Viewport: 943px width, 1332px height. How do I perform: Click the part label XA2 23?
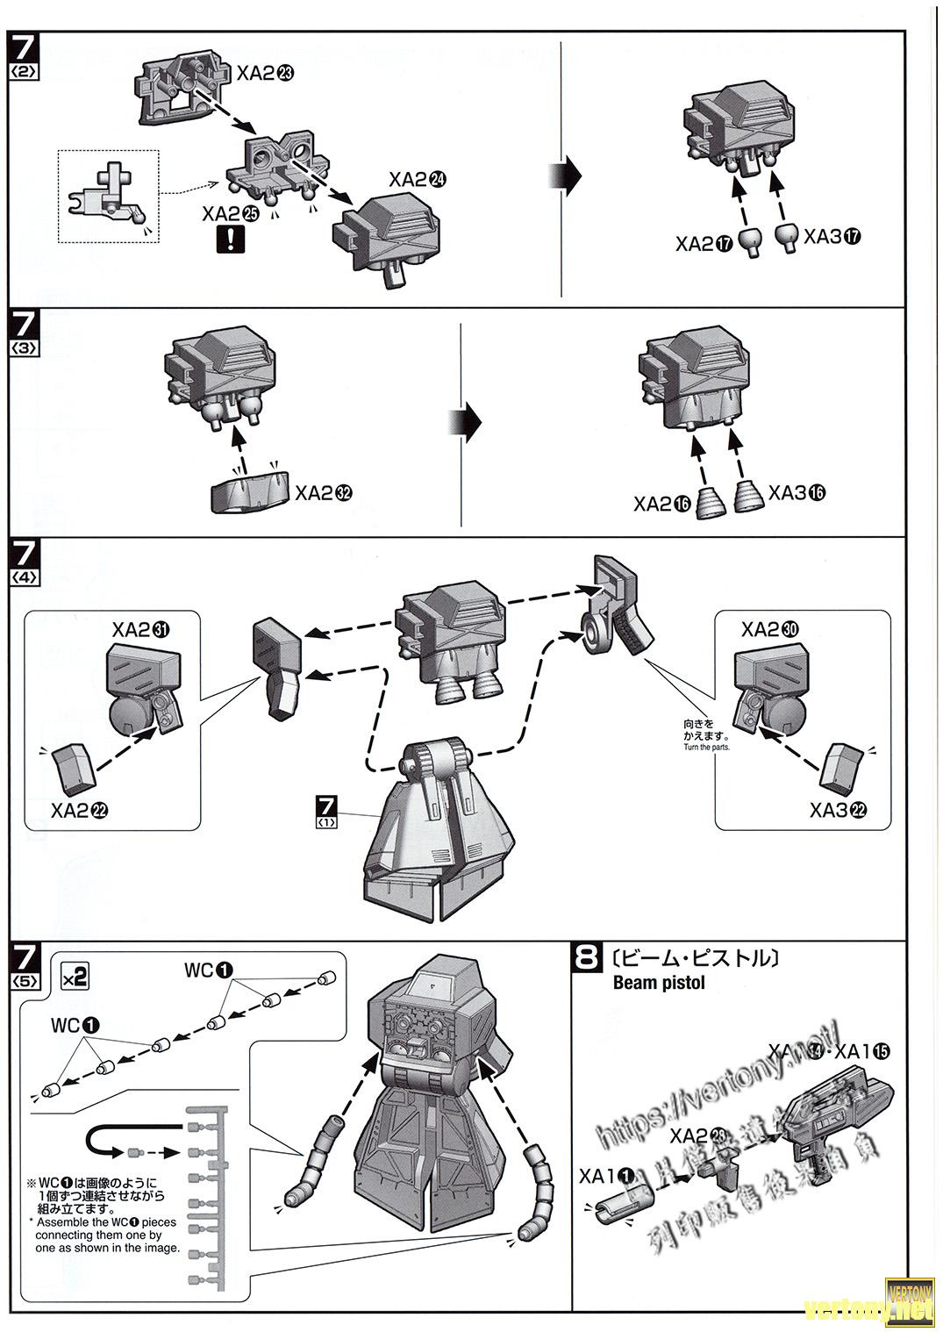coord(265,75)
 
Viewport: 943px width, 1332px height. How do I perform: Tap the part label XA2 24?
coord(418,180)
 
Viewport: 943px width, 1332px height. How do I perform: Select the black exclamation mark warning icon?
coord(230,238)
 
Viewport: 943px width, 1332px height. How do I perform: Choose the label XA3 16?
coord(797,493)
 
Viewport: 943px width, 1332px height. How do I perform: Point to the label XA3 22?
coord(839,810)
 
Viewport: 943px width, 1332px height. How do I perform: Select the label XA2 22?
coord(80,810)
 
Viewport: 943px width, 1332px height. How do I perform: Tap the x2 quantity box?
coord(75,976)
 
